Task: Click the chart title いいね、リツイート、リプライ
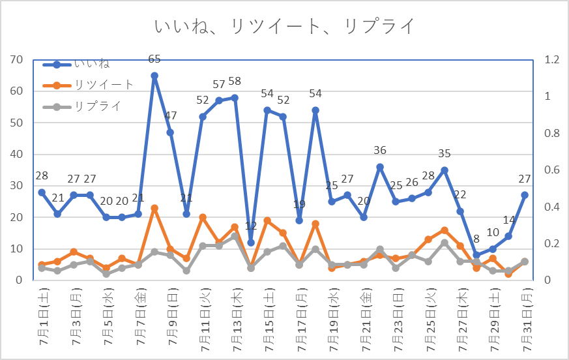tap(285, 27)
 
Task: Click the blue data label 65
tap(154, 59)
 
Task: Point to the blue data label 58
tap(235, 82)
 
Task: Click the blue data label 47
tap(170, 116)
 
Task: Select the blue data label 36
tap(380, 151)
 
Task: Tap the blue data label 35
tap(445, 154)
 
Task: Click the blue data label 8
tap(476, 239)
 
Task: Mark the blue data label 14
tap(508, 220)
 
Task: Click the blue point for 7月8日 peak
tap(154, 76)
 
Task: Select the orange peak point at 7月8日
tap(154, 208)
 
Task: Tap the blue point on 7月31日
tap(525, 195)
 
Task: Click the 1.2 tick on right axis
tap(552, 60)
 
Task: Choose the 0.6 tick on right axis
tap(552, 170)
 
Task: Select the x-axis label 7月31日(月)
tap(525, 319)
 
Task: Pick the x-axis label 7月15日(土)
tap(267, 319)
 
